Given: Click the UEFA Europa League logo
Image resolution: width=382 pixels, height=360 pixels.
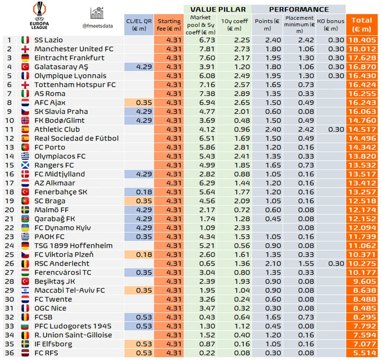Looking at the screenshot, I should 41,16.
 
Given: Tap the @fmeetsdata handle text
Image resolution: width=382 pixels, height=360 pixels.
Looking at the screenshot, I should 99,26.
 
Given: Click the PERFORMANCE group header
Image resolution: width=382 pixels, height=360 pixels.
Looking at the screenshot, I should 298,10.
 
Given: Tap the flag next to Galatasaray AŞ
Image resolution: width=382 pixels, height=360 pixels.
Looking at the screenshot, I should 25,67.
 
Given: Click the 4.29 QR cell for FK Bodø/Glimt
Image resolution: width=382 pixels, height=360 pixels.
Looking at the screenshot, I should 138,120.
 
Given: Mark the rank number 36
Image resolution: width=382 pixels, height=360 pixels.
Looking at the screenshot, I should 8,353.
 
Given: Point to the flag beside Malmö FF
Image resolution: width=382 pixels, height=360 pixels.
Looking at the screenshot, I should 25,209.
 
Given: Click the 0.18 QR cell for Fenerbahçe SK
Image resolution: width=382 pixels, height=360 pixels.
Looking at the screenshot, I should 138,192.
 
